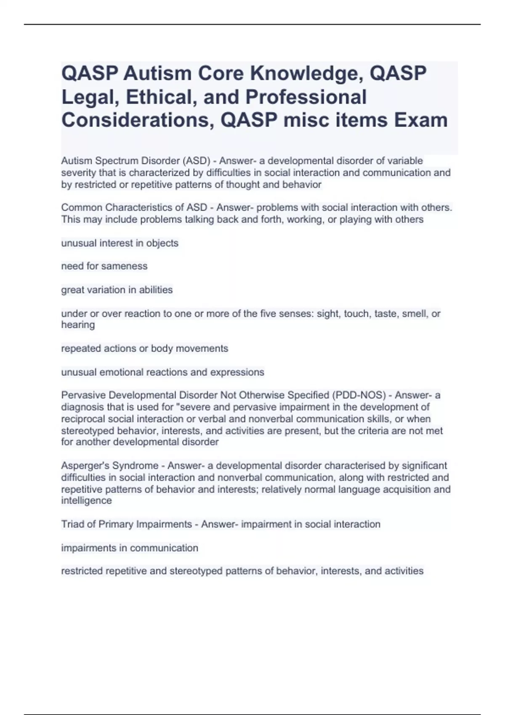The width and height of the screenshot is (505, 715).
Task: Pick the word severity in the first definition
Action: pos(78,172)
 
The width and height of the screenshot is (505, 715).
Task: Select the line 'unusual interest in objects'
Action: pos(120,243)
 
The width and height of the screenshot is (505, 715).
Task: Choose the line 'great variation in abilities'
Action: pos(117,290)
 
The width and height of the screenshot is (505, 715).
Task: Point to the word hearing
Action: pos(78,325)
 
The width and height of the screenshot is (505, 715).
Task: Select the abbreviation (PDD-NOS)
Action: pos(359,395)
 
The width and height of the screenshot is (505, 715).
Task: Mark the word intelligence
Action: pos(86,500)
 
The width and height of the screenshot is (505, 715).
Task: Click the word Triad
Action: pos(73,524)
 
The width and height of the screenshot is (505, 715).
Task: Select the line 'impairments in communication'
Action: pos(130,548)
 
